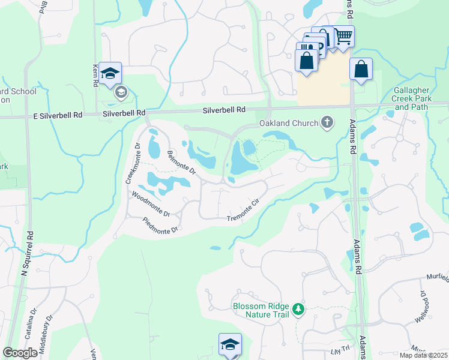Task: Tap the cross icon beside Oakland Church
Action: coord(327,123)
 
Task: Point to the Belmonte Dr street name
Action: coord(181,163)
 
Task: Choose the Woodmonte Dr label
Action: coord(151,204)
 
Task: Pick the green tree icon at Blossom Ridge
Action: coord(298,310)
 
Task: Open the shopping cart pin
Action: coord(343,37)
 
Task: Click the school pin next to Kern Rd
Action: coord(110,73)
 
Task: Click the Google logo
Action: coord(20,353)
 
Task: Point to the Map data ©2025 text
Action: coord(423,355)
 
